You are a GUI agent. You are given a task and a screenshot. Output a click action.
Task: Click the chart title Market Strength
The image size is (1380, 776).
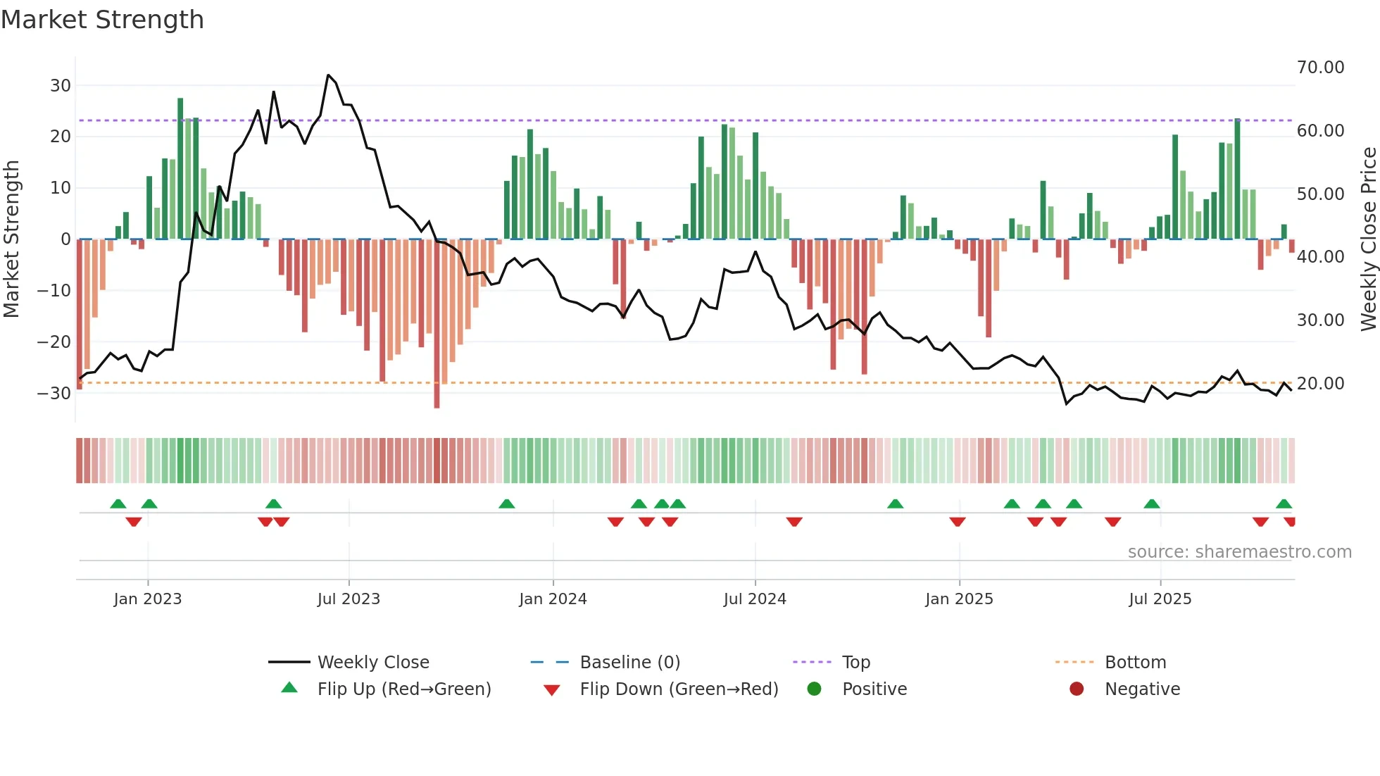102,20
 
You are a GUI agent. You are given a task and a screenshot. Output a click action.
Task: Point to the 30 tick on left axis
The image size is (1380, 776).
61,86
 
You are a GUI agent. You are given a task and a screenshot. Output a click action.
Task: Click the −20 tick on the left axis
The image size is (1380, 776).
54,342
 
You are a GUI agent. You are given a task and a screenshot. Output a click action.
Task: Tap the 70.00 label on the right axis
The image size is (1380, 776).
1320,68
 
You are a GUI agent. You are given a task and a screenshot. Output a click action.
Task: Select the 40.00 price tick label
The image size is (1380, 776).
1320,257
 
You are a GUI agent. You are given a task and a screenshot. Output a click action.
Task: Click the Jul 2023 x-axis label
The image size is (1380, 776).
349,599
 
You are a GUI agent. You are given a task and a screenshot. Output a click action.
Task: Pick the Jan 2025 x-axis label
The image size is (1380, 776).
959,599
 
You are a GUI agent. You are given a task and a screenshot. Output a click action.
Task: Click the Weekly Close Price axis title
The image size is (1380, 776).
1368,239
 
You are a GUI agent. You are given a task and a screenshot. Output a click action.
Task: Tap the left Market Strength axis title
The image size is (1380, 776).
11,239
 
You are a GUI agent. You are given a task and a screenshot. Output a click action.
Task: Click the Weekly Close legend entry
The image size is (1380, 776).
373,663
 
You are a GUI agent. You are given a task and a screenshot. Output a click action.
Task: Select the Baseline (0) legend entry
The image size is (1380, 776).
629,663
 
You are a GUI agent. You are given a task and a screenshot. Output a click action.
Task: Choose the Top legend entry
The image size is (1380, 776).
855,663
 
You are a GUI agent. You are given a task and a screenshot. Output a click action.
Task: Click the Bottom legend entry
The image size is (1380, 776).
1135,663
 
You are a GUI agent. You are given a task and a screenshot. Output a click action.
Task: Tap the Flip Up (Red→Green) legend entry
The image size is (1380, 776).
403,689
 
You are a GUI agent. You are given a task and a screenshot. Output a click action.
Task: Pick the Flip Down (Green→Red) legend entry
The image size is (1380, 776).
679,689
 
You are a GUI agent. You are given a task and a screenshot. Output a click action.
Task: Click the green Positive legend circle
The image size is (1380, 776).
815,689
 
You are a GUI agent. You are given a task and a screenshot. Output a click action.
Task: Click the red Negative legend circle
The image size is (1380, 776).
1077,689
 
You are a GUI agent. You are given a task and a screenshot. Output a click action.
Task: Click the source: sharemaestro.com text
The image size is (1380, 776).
1239,552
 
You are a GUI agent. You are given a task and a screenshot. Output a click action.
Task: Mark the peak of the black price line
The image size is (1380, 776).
328,75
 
